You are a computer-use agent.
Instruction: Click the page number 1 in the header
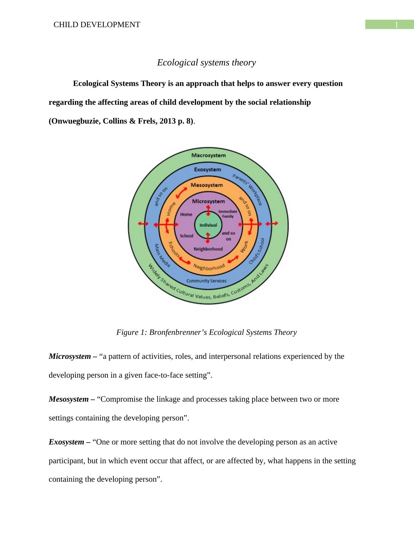point(396,25)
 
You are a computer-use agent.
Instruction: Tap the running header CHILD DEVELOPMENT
point(97,25)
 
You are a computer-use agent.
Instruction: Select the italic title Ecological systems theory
point(206,63)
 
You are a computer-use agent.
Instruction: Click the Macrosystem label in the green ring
point(208,155)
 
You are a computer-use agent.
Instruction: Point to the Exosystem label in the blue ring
point(207,170)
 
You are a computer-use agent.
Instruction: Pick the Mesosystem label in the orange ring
point(207,185)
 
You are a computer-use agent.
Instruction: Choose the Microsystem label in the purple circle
point(208,201)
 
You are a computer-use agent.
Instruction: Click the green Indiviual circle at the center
point(208,225)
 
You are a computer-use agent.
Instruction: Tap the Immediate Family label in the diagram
point(228,214)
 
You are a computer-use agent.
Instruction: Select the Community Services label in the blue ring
point(206,281)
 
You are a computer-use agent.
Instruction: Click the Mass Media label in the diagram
point(162,255)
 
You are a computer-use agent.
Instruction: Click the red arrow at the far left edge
point(143,223)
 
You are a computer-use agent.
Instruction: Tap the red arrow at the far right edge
point(274,223)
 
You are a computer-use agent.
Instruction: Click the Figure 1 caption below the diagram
point(206,332)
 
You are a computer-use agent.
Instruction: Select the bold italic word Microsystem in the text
point(70,356)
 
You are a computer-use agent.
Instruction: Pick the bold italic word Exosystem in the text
point(66,442)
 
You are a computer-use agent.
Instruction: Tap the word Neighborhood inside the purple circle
point(208,249)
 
